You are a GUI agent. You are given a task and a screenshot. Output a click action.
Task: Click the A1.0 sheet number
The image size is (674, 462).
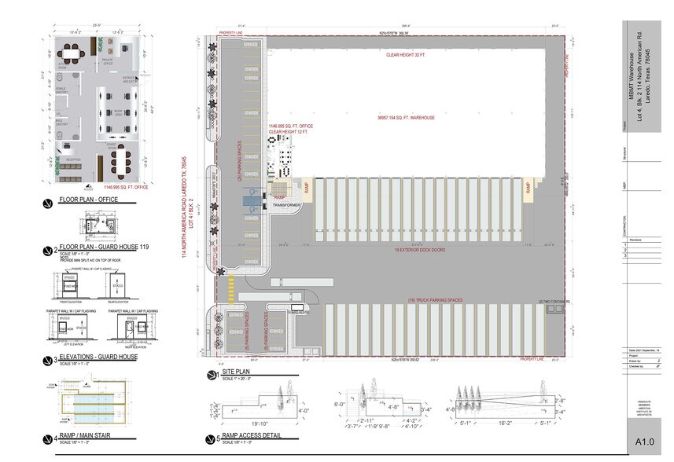pyautogui.click(x=645, y=443)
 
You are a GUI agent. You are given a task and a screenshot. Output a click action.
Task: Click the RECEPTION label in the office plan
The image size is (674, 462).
pyautogui.click(x=73, y=159)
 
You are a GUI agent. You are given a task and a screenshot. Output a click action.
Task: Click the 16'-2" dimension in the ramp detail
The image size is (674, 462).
pyautogui.click(x=506, y=422)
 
